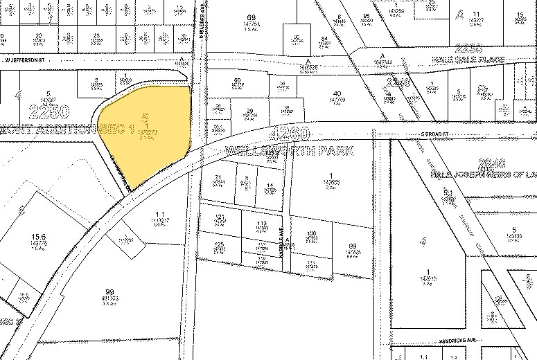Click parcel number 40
coord(337,93)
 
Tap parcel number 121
coord(220,217)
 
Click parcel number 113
coord(261,224)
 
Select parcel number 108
coord(312,233)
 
